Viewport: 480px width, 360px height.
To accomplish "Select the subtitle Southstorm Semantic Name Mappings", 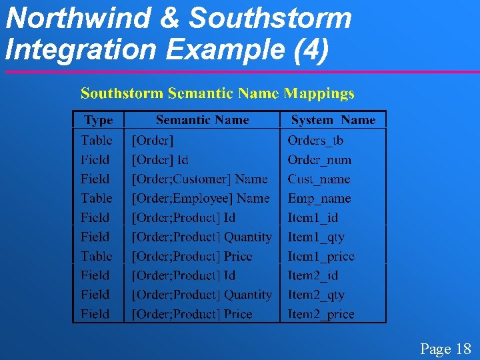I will pos(217,93).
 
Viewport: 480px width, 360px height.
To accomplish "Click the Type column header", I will pos(98,121).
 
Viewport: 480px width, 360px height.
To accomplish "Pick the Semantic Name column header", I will pos(202,121).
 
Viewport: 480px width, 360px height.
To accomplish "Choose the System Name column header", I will pos(333,121).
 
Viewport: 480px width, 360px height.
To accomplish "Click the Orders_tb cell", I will pos(315,141).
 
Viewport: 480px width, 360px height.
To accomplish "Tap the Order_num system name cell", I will pos(319,160).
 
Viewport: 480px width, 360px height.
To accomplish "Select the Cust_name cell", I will pos(319,179).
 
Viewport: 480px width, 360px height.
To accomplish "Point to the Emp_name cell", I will pos(319,199).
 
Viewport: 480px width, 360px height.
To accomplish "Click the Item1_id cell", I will pos(313,218).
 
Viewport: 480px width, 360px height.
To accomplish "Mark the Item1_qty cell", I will pos(316,237).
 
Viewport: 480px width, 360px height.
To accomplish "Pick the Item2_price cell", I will pos(321,314).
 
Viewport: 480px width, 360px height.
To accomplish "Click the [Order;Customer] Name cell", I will pos(199,179).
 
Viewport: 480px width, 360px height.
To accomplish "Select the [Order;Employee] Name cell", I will pos(201,199).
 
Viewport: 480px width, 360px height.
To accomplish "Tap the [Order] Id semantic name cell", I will pos(160,160).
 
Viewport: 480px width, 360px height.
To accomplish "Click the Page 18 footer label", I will pos(445,349).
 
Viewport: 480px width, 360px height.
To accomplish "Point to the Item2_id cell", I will pos(313,275).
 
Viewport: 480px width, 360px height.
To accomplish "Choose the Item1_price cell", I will pos(321,257).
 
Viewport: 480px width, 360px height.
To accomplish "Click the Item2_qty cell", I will pos(316,295).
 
